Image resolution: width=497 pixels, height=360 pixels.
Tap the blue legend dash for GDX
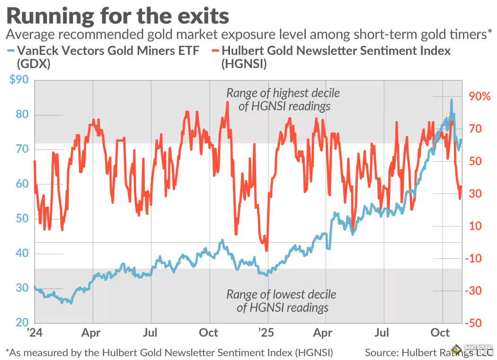click(10, 50)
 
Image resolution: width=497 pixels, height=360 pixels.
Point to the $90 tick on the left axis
click(18, 79)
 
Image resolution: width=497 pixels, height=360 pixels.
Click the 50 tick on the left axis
click(21, 219)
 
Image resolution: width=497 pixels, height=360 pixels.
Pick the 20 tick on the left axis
click(21, 323)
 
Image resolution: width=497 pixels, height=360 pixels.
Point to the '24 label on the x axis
click(35, 333)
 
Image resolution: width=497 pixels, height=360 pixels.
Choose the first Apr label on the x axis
click(91, 333)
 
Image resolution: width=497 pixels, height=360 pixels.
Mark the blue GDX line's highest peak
click(452, 99)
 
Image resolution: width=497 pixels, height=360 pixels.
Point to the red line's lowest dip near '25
click(267, 251)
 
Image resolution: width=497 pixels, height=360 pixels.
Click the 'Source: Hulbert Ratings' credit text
click(411, 352)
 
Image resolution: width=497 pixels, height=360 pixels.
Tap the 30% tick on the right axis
click(479, 194)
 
